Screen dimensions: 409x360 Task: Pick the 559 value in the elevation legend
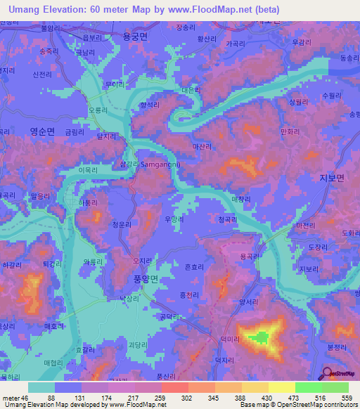pyautogui.click(x=347, y=398)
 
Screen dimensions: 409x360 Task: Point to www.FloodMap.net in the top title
pyautogui.click(x=219, y=9)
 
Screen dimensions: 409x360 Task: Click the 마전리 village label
pyautogui.click(x=306, y=226)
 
